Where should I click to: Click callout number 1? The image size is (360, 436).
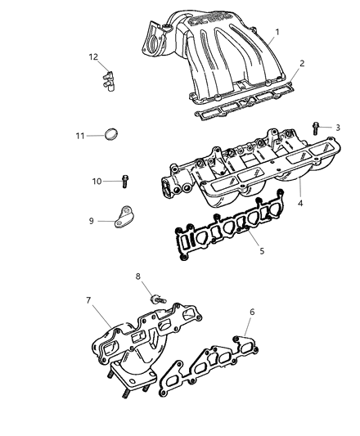tap(277, 32)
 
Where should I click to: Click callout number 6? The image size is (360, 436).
tap(252, 312)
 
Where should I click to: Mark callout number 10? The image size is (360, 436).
tap(97, 181)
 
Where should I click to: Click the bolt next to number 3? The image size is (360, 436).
tap(315, 127)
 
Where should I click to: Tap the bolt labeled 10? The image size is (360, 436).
tap(124, 179)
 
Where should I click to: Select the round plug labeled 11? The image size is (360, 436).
tap(115, 133)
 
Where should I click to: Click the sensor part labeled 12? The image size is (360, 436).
tap(106, 79)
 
